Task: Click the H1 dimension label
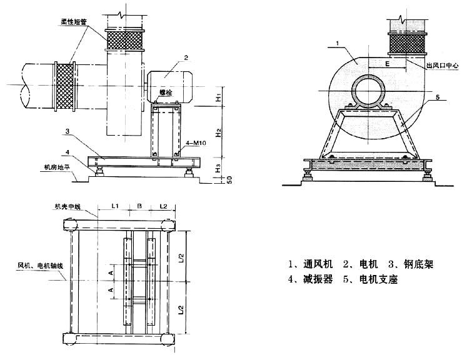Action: pos(218,99)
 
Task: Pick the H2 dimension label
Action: pos(218,132)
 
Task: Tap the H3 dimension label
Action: pos(218,167)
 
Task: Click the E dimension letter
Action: pos(387,64)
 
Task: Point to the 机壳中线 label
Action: pos(68,206)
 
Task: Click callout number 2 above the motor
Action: pos(186,58)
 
